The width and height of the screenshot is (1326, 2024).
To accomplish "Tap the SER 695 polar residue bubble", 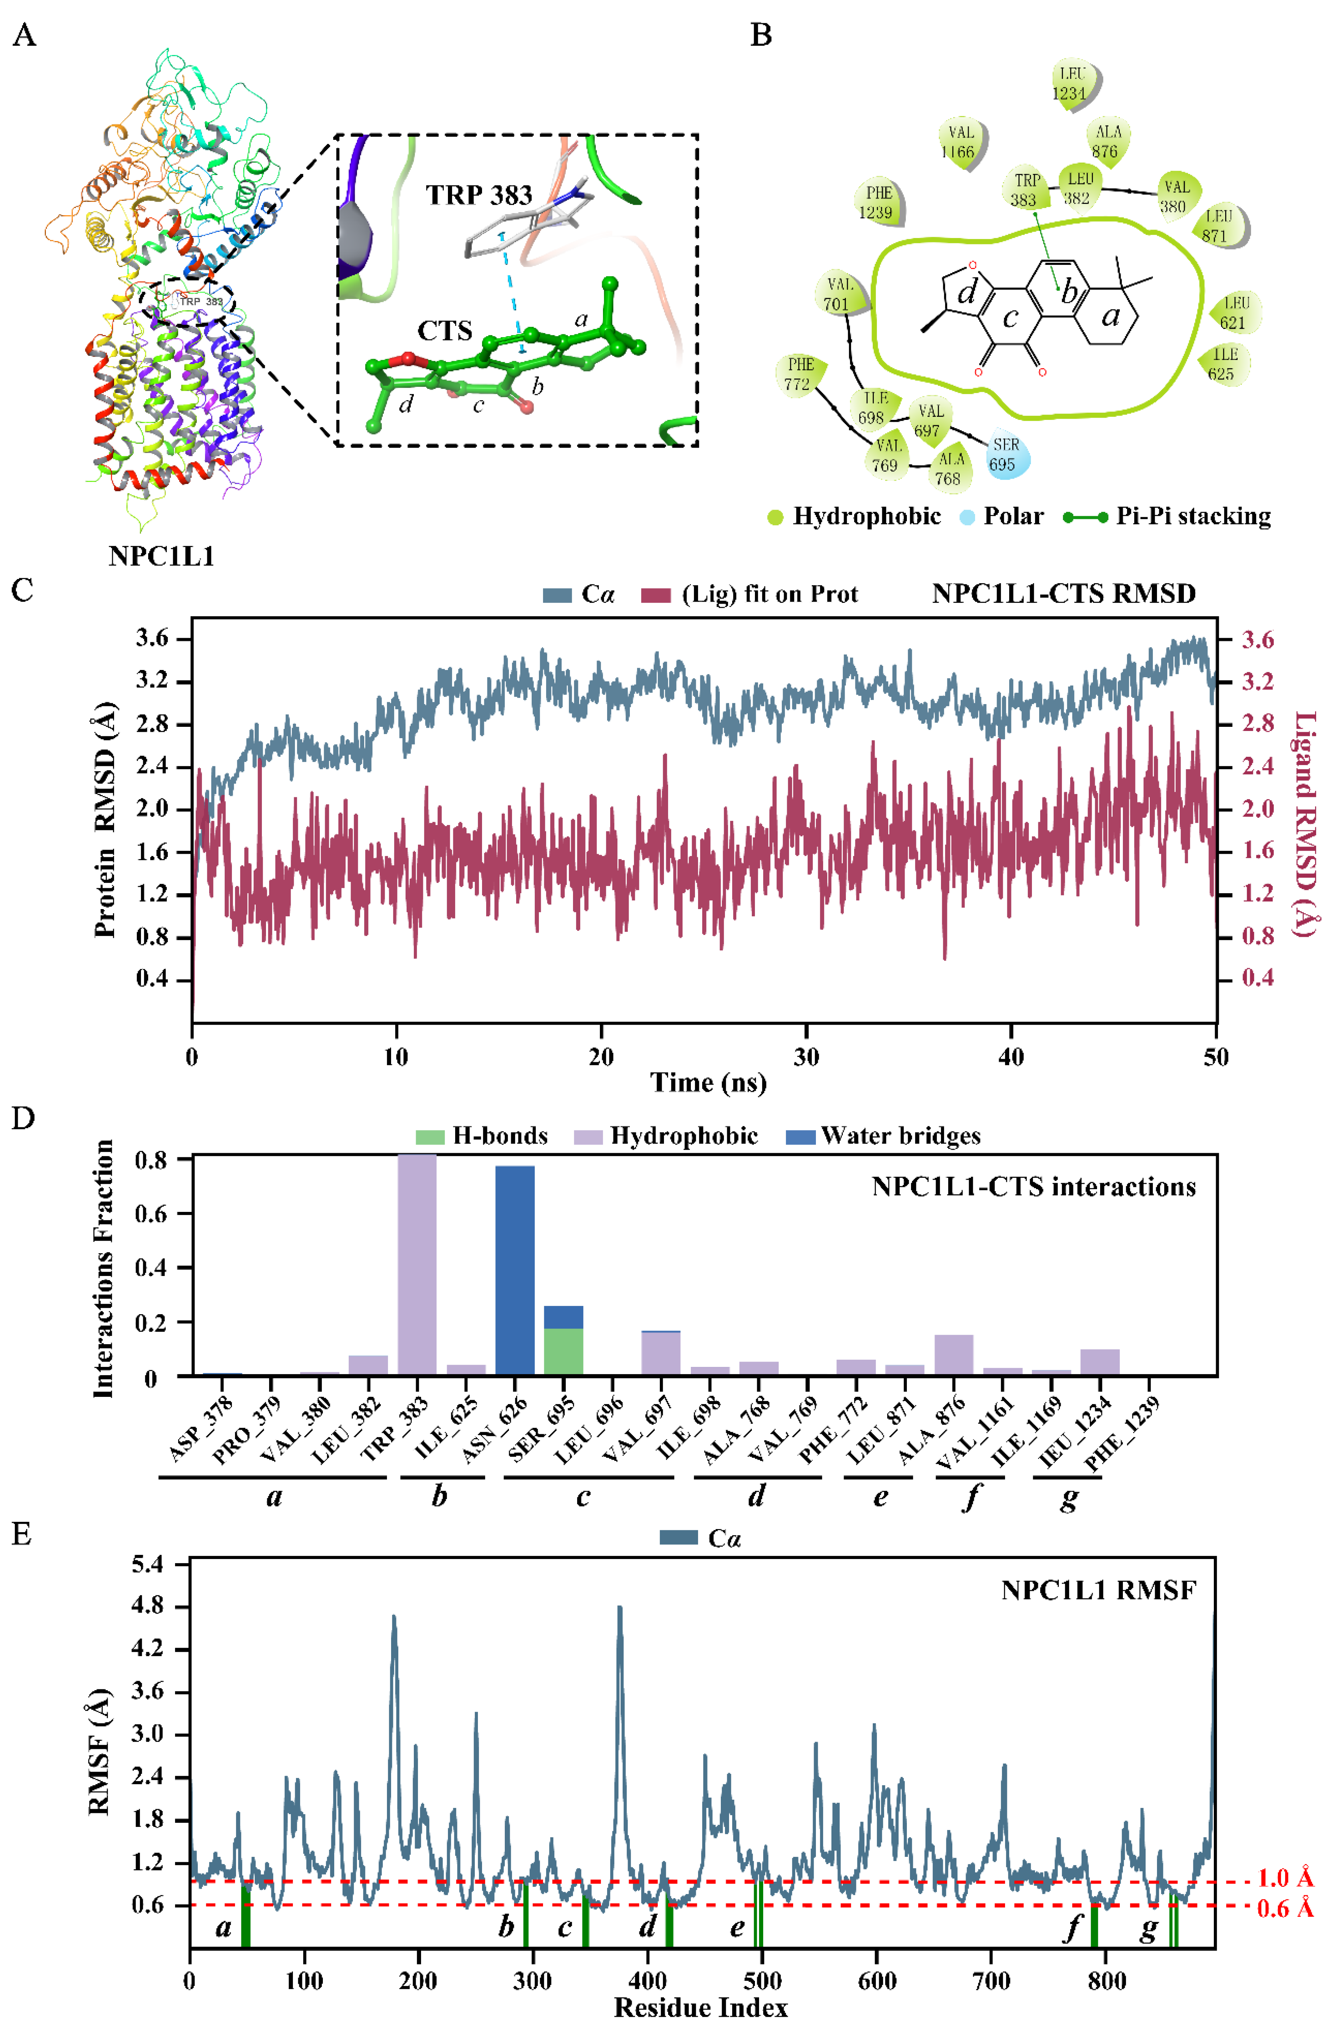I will [1008, 455].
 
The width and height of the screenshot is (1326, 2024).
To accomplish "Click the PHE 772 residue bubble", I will [800, 374].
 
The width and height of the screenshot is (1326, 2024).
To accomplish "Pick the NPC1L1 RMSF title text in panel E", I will [1098, 1590].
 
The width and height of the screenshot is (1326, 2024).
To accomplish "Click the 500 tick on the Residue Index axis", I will [762, 1981].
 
